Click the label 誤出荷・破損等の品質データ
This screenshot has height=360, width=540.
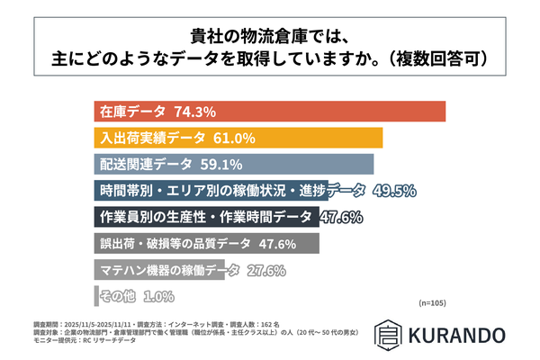click(x=171, y=244)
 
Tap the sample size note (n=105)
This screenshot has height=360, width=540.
click(x=432, y=303)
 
